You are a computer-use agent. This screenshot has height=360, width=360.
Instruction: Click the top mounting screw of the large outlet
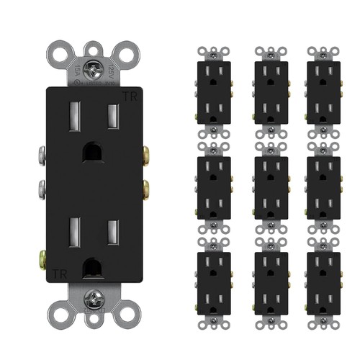pos(91,70)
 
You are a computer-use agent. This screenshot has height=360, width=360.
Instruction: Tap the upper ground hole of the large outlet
pos(92,151)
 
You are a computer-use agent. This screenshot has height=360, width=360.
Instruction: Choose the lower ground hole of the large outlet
pos(92,266)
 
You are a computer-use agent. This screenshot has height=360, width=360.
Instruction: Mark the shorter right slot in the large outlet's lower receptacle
pos(112,232)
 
